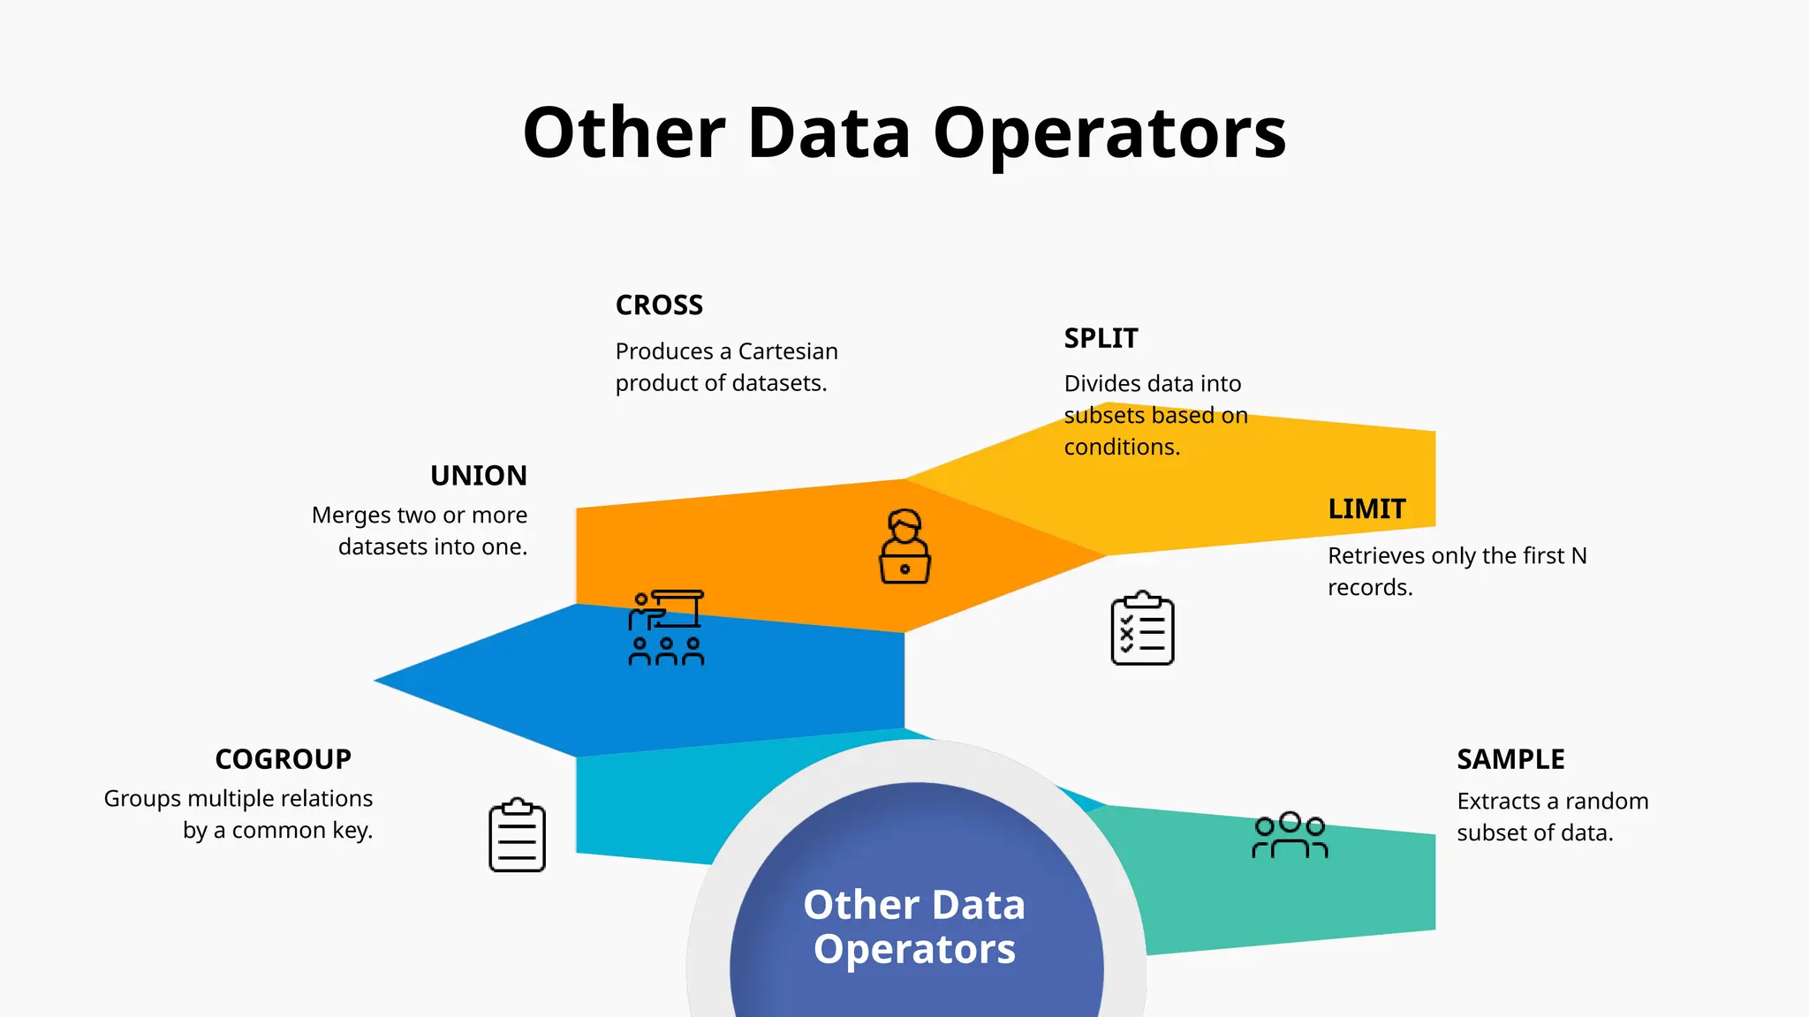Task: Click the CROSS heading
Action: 659,305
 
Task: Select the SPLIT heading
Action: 1101,338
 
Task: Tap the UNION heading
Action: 478,476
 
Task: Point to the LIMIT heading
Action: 1366,509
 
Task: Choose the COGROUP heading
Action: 283,759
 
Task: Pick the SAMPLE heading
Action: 1510,759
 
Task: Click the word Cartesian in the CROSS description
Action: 788,351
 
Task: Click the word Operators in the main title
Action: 1109,133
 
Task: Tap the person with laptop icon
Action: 904,546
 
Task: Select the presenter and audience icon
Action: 666,628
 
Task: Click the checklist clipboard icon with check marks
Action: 1142,629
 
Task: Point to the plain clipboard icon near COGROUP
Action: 517,835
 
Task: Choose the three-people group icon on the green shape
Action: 1290,835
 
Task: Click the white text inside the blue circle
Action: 914,927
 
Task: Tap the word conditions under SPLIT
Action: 1122,448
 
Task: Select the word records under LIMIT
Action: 1369,588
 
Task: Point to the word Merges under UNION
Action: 351,516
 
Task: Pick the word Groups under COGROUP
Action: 141,799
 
